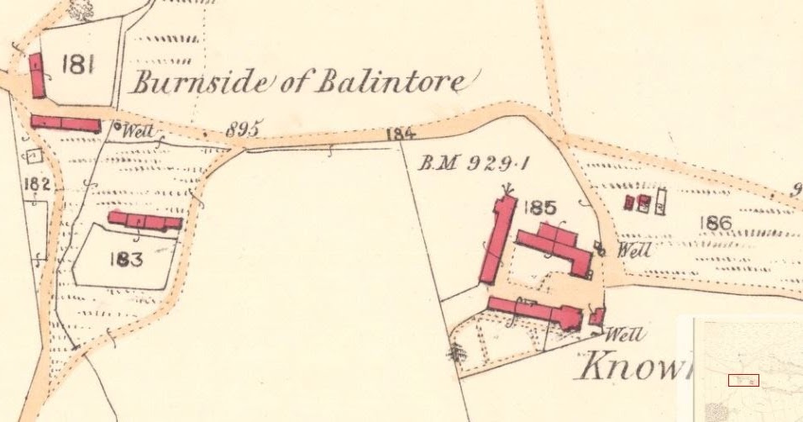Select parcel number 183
click(x=126, y=259)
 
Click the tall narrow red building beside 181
click(x=38, y=76)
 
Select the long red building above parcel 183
click(x=145, y=221)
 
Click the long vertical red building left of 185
click(x=496, y=240)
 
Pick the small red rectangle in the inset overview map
click(x=743, y=380)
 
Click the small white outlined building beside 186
click(x=661, y=200)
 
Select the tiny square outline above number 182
click(x=34, y=156)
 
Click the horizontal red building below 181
click(x=66, y=124)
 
